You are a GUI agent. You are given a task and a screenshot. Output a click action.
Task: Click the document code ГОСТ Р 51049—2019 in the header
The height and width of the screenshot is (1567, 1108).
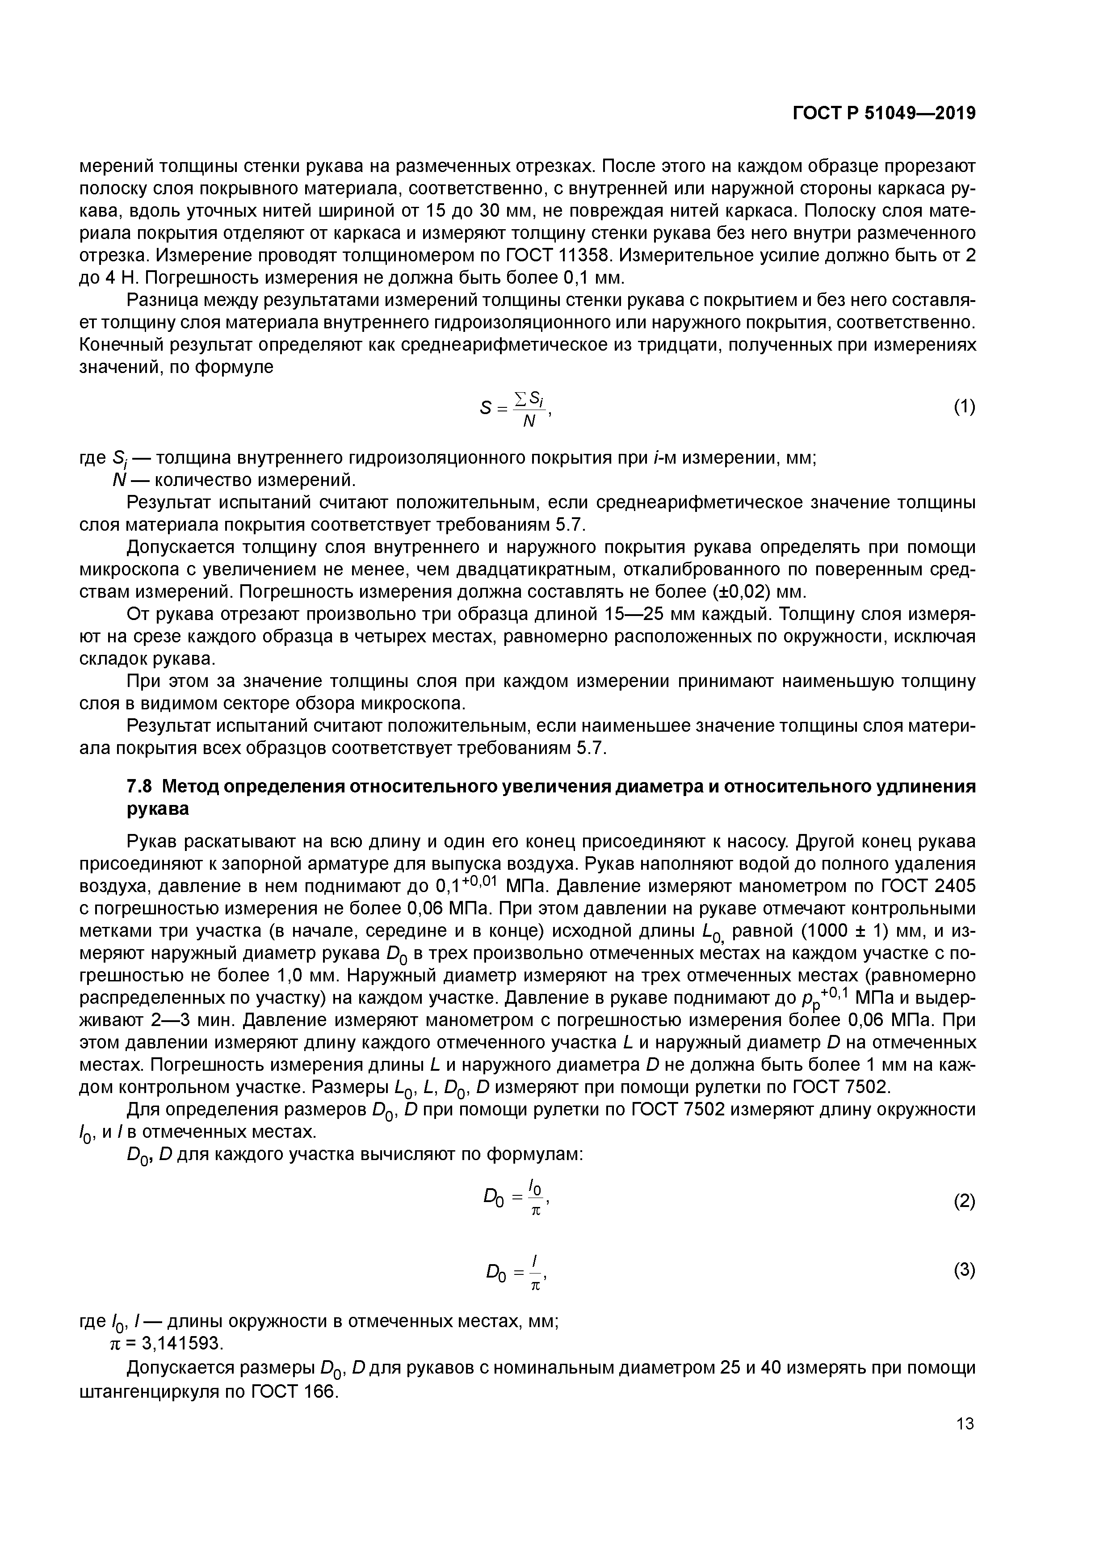(x=884, y=113)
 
